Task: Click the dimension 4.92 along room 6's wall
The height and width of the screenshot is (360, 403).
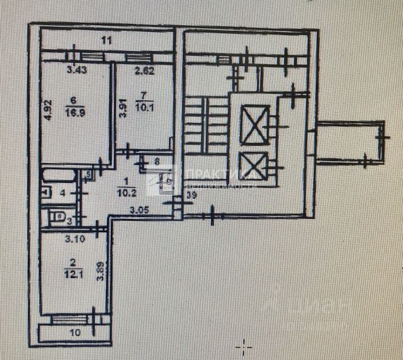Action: (47, 108)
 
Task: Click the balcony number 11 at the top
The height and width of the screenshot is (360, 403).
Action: (106, 41)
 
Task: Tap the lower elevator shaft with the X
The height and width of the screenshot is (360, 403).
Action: (255, 167)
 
